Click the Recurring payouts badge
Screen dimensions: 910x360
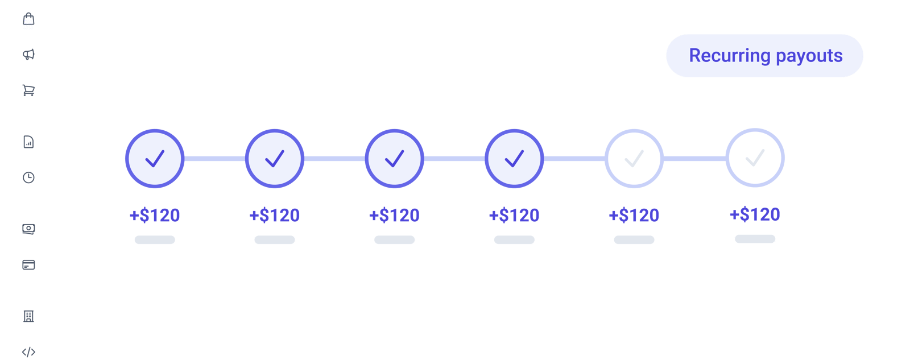(x=764, y=56)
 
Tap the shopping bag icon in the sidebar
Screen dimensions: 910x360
(x=28, y=19)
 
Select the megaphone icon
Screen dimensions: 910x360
(x=28, y=55)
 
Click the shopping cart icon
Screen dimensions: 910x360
(x=28, y=90)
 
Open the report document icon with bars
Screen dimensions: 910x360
(x=28, y=142)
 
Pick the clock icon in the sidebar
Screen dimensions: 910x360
(x=28, y=177)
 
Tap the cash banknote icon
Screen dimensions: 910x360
(x=28, y=229)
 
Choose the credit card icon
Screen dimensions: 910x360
(x=28, y=265)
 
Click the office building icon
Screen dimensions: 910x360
(x=28, y=316)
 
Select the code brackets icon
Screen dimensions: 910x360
(x=28, y=352)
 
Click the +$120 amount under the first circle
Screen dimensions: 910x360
(x=155, y=216)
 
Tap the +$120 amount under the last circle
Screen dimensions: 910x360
(x=755, y=214)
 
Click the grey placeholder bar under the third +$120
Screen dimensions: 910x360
(x=395, y=240)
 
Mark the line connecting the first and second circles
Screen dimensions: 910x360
(x=214, y=159)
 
